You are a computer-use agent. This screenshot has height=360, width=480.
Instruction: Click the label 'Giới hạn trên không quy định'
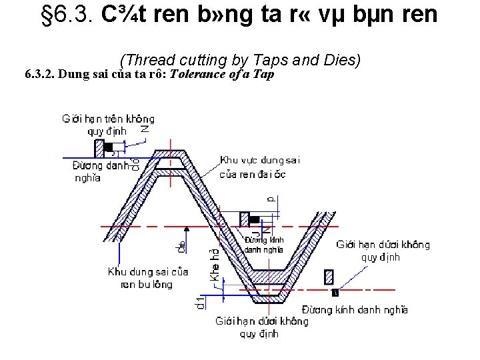pyautogui.click(x=107, y=125)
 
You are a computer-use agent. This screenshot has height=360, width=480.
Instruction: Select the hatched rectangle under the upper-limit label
pyautogui.click(x=99, y=147)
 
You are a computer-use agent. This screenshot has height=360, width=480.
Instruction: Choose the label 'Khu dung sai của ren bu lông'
pyautogui.click(x=147, y=278)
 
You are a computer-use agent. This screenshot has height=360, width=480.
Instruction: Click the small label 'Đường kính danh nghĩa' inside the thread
pyautogui.click(x=264, y=245)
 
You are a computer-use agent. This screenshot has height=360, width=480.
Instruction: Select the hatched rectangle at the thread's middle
pyautogui.click(x=244, y=219)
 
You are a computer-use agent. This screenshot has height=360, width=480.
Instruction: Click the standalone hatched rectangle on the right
pyautogui.click(x=328, y=277)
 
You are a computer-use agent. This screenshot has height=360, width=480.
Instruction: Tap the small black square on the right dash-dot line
pyautogui.click(x=335, y=292)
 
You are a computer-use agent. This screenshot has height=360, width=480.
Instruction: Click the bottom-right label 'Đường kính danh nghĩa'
pyautogui.click(x=354, y=309)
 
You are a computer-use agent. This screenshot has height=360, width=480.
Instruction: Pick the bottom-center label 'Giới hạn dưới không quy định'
pyautogui.click(x=261, y=327)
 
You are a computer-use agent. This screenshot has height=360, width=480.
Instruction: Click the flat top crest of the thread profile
pyautogui.click(x=171, y=155)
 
